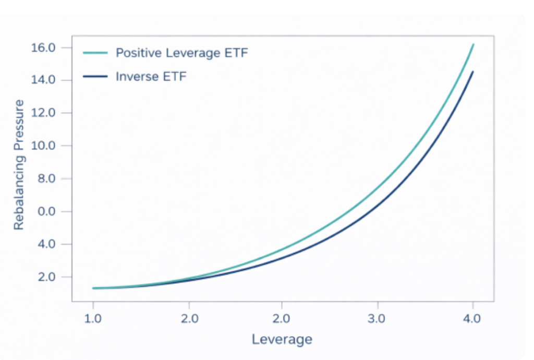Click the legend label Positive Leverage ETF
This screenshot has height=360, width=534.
click(x=182, y=53)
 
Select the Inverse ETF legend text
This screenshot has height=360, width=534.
click(x=151, y=77)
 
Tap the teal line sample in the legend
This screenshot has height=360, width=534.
click(x=95, y=53)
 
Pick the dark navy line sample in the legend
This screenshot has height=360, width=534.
click(x=95, y=77)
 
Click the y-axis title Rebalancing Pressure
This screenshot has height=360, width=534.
click(x=19, y=164)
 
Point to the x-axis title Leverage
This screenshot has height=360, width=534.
click(x=282, y=339)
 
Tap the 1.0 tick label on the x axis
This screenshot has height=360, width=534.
click(x=93, y=318)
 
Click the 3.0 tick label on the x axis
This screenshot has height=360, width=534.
click(x=377, y=318)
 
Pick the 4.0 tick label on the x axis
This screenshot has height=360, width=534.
click(x=472, y=318)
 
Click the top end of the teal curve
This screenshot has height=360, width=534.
click(x=473, y=44)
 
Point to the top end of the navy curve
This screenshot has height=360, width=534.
click(x=472, y=71)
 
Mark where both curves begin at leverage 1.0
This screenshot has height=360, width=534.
click(x=93, y=288)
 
